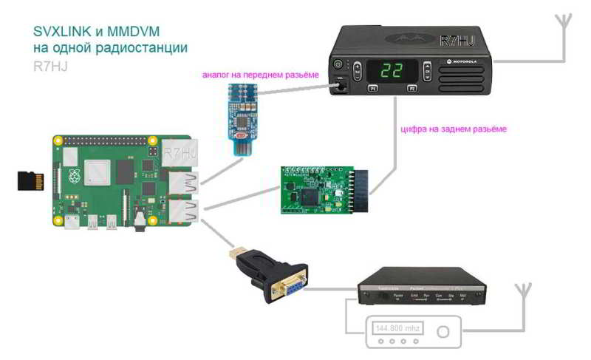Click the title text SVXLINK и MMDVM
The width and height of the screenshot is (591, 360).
point(97,32)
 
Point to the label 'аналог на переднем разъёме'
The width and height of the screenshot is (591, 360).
point(260,75)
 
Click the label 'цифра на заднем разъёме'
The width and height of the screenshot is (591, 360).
point(454,129)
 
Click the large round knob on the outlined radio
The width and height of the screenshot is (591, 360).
point(443,332)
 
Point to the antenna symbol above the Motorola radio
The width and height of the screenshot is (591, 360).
point(563,21)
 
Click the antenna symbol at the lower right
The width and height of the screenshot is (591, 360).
point(525,289)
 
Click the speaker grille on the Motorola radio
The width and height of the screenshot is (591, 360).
point(461,73)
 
